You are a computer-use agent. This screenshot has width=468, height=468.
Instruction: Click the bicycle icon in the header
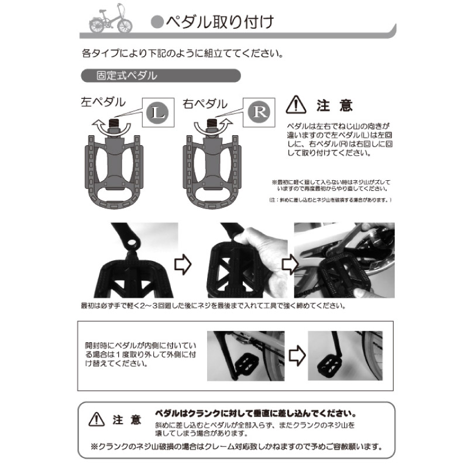[109, 22]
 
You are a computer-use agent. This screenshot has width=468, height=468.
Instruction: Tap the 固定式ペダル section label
[126, 76]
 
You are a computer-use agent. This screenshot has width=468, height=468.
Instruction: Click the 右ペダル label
[204, 103]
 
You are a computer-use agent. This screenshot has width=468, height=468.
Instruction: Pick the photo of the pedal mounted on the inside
[245, 355]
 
